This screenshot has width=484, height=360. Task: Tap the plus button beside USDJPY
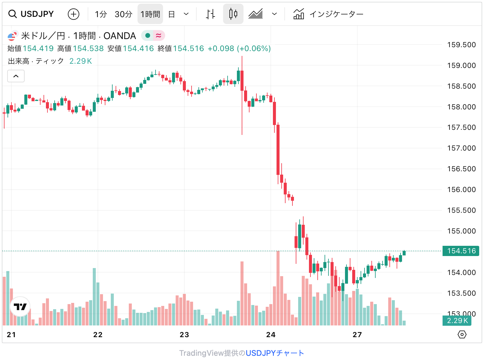(x=74, y=14)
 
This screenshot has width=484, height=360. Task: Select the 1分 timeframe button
(x=101, y=14)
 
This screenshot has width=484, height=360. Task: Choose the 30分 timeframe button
(x=123, y=14)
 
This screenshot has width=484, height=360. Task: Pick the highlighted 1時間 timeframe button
(x=150, y=14)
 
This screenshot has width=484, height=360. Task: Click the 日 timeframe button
(x=171, y=14)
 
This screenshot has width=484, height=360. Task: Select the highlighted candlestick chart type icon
(x=233, y=14)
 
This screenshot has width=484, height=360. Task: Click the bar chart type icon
(x=210, y=14)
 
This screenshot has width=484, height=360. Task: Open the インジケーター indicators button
(x=328, y=14)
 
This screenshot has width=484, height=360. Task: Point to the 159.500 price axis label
(x=461, y=45)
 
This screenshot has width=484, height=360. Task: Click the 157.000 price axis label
(x=461, y=148)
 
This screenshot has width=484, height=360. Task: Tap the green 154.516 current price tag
(x=461, y=251)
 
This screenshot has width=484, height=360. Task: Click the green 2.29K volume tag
(x=457, y=321)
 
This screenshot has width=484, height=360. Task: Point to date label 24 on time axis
(x=271, y=335)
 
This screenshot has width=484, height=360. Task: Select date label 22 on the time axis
(x=98, y=335)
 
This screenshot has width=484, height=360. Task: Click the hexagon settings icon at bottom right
(x=462, y=334)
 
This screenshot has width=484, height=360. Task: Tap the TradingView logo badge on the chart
(x=20, y=307)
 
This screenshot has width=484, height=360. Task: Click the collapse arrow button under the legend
(x=16, y=76)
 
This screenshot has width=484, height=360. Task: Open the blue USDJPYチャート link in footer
(x=275, y=353)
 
